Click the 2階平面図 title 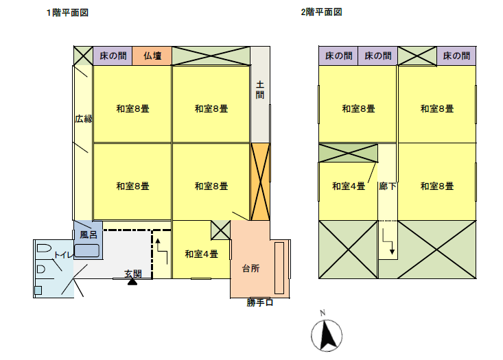321,12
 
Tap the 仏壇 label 152,56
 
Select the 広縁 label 84,119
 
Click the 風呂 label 89,235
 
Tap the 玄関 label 133,274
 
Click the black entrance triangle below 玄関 132,281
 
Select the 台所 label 251,268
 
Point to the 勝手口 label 260,302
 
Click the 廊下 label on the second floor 387,186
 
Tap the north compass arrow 328,336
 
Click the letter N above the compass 322,314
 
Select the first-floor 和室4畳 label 201,254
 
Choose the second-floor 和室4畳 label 349,186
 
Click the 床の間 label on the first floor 112,56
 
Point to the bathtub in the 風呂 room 87,250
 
